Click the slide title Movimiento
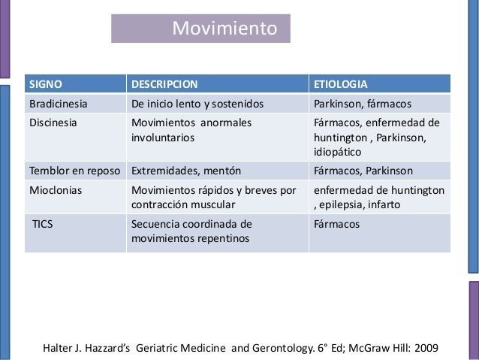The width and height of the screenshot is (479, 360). pos(224,29)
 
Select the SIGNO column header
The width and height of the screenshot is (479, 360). pos(45,83)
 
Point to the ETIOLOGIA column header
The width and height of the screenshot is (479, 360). pos(340,83)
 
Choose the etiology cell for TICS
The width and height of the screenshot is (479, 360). pos(337,224)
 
